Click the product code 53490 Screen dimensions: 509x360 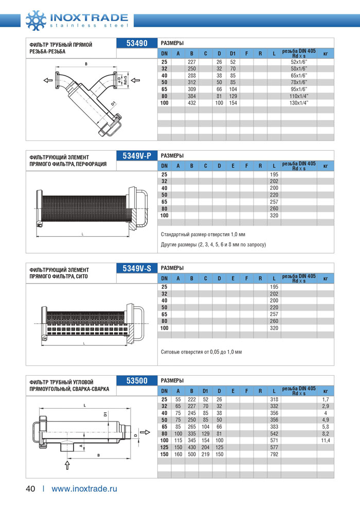(x=137, y=43)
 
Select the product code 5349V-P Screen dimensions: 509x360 (x=137, y=156)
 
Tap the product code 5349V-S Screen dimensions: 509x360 (x=137, y=268)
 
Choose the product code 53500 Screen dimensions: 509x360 (x=137, y=381)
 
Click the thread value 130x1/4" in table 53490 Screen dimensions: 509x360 (x=299, y=103)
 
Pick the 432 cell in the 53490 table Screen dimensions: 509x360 (x=191, y=103)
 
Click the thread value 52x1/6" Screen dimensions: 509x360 (x=299, y=62)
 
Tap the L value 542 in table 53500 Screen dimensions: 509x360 (x=274, y=433)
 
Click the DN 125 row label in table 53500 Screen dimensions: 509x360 (x=164, y=447)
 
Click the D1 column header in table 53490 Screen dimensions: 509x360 (x=232, y=53)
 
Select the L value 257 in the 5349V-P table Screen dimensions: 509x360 (x=274, y=202)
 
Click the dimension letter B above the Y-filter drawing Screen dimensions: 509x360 (x=86, y=64)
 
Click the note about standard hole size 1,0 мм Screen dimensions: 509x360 (x=203, y=235)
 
